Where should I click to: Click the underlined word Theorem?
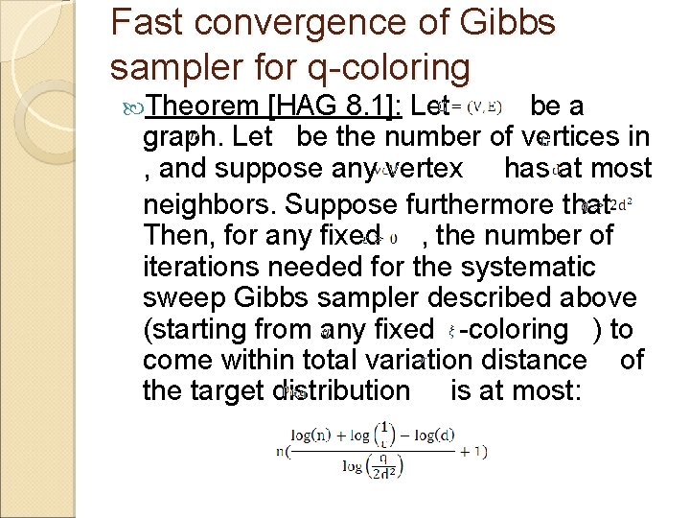[x=205, y=106]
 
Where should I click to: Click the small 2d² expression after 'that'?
[x=620, y=204]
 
